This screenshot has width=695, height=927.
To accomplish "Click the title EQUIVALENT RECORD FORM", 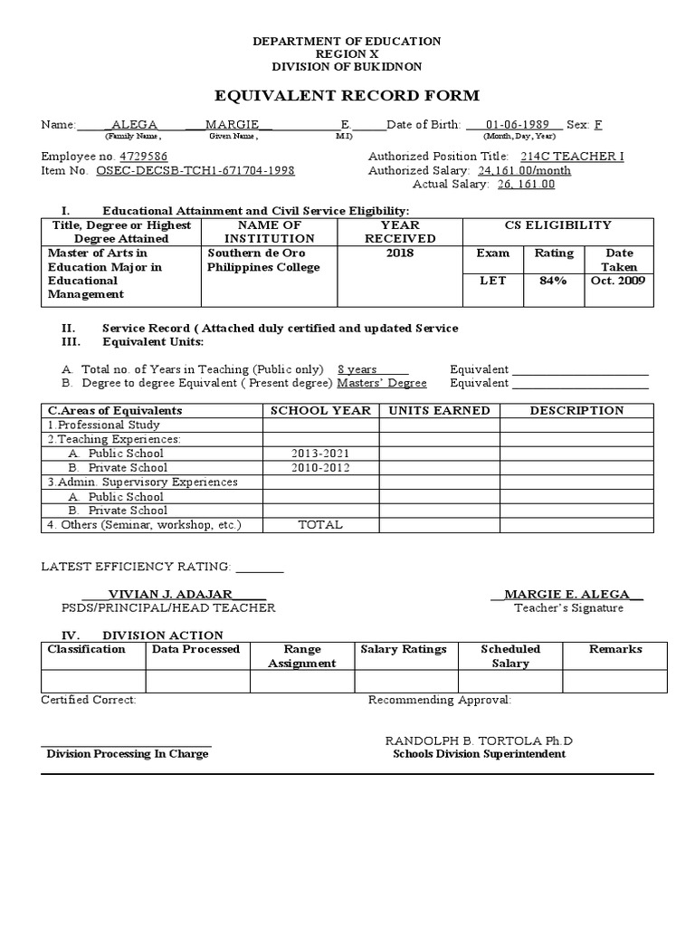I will tap(347, 96).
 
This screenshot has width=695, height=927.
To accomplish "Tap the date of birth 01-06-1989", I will tap(513, 124).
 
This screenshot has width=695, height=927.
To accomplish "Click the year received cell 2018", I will tap(399, 253).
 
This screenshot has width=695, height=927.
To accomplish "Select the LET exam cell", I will tap(493, 282).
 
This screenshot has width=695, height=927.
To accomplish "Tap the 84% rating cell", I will tap(554, 282).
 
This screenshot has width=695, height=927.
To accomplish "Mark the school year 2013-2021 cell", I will tap(320, 454).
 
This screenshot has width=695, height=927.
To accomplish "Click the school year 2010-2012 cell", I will tap(320, 468).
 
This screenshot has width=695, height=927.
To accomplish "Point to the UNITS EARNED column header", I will tap(439, 411).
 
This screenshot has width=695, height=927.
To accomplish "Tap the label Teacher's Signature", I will tap(568, 608).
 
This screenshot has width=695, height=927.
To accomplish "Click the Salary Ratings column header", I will tap(404, 649).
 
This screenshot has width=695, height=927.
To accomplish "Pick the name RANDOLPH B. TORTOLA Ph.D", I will tap(479, 741).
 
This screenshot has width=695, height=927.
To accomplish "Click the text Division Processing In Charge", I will tap(128, 754).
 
